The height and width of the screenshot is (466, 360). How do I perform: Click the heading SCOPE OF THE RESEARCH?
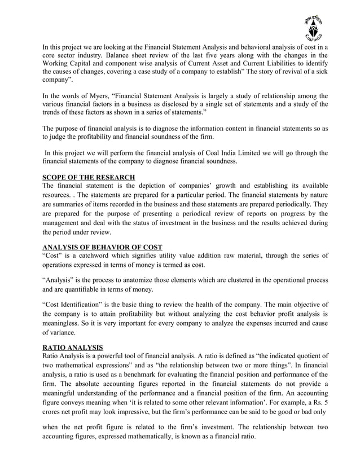point(89,178)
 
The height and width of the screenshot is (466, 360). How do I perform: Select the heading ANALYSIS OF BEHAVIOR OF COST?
point(103,247)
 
